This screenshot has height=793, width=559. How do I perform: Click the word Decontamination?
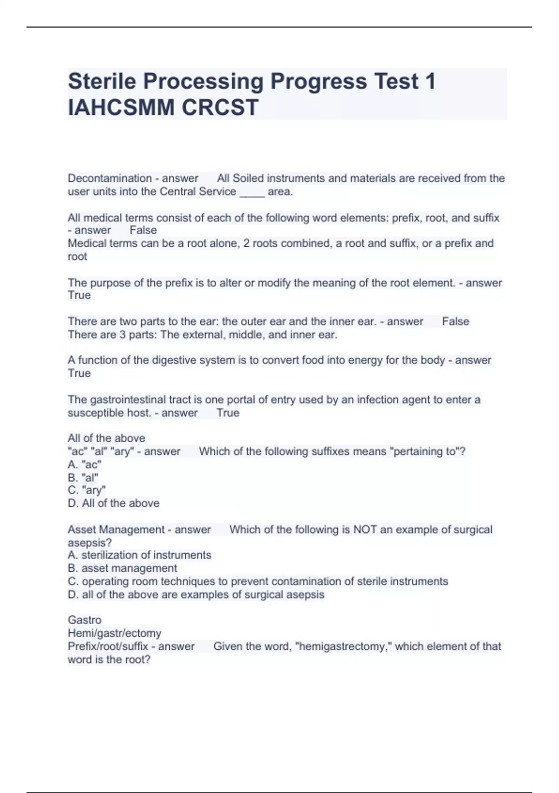[109, 178]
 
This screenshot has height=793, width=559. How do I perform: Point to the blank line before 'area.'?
[252, 192]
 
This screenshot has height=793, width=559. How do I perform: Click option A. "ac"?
[84, 465]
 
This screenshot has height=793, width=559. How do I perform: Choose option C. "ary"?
[87, 490]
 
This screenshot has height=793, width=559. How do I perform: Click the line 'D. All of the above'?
[113, 503]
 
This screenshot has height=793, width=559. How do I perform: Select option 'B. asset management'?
[122, 568]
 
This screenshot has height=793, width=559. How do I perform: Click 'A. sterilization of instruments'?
[139, 555]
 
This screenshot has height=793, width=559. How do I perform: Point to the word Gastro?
[84, 620]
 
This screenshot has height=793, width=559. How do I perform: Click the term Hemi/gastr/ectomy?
[114, 633]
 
